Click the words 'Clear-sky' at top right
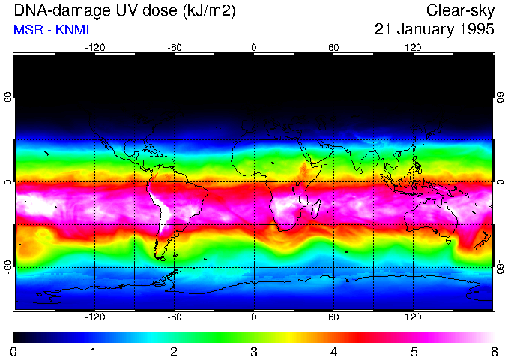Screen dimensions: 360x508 (x=460, y=10)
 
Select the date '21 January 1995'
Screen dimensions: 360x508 (x=435, y=30)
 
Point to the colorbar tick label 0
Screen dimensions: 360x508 (x=14, y=351)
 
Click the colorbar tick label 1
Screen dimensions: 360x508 (x=94, y=351)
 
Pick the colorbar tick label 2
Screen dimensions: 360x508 (x=174, y=351)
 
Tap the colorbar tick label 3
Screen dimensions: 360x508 (x=254, y=351)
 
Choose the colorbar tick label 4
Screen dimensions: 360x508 (x=333, y=351)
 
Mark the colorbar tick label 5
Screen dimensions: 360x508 (x=414, y=351)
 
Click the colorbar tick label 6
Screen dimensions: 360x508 (x=493, y=351)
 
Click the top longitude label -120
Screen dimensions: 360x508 (x=94, y=48)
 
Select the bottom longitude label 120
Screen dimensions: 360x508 (x=414, y=317)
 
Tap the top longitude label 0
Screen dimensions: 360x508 (x=254, y=48)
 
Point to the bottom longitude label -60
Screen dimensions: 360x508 (x=174, y=317)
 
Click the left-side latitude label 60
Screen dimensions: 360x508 (x=8, y=99)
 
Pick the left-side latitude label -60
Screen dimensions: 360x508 (x=8, y=266)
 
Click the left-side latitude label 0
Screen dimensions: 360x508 (x=8, y=182)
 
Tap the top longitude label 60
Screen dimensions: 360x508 (x=333, y=48)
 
